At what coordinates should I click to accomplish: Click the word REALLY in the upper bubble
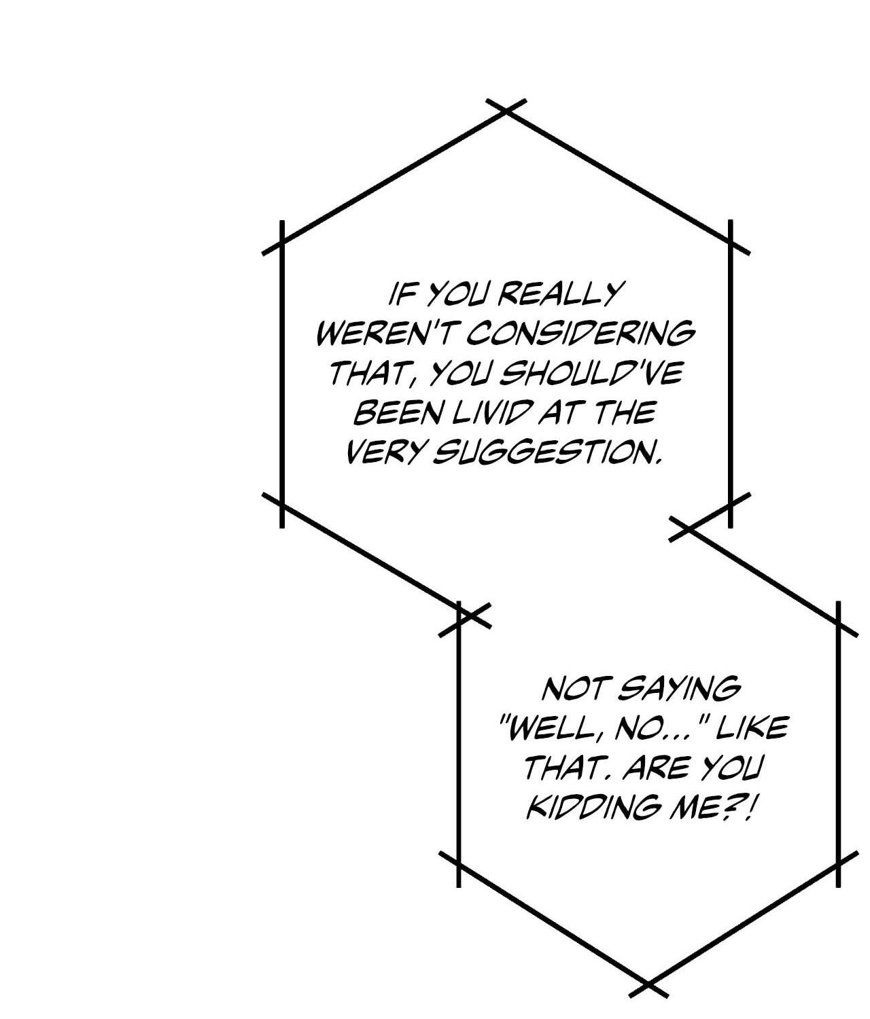(558, 294)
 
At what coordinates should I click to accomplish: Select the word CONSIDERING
(580, 334)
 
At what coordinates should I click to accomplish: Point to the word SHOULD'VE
(591, 373)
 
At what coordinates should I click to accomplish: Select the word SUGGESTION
(546, 452)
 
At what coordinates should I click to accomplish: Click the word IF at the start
(401, 294)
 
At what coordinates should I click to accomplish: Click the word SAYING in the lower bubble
(679, 690)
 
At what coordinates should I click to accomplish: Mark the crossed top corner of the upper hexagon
(506, 111)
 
